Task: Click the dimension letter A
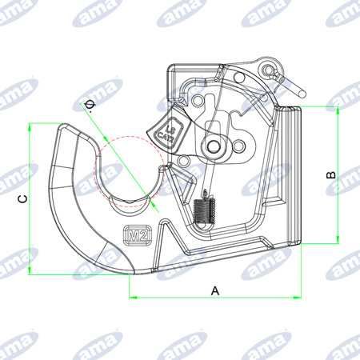click(214, 290)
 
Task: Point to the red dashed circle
click(128, 172)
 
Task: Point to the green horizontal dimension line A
click(184, 298)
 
